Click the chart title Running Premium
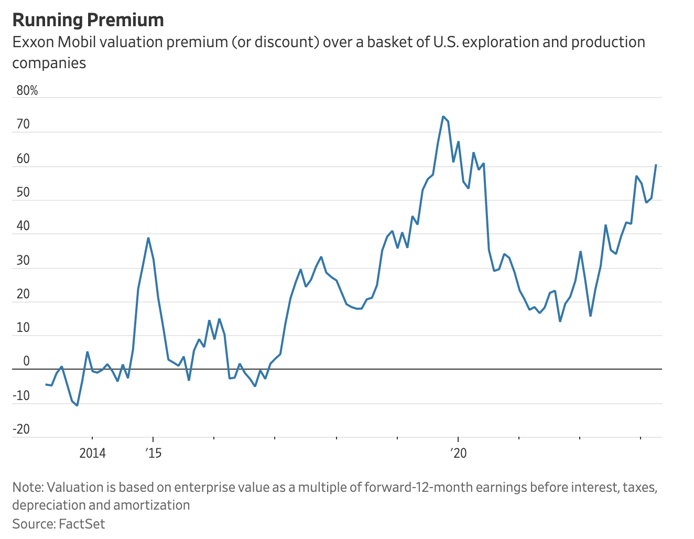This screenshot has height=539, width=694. (88, 20)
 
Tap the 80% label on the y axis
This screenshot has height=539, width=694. (27, 91)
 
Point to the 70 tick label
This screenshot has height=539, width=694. (24, 125)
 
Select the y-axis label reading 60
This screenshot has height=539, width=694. (24, 159)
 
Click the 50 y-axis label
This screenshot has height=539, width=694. (24, 193)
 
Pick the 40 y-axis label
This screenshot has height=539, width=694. (24, 227)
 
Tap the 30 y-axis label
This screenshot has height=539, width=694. (24, 261)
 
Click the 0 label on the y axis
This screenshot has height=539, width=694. (27, 362)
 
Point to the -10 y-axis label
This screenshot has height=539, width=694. (21, 396)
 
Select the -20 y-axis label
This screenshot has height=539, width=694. (21, 429)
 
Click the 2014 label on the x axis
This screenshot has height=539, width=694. (92, 453)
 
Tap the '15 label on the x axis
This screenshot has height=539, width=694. (153, 453)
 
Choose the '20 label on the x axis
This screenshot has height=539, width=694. (458, 453)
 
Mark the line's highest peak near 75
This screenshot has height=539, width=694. (443, 116)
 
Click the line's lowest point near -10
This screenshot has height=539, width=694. (77, 405)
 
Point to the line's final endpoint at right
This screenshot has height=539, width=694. (656, 165)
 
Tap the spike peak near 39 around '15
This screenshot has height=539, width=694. (148, 238)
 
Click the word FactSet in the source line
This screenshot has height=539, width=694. (82, 524)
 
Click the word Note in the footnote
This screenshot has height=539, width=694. (27, 487)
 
